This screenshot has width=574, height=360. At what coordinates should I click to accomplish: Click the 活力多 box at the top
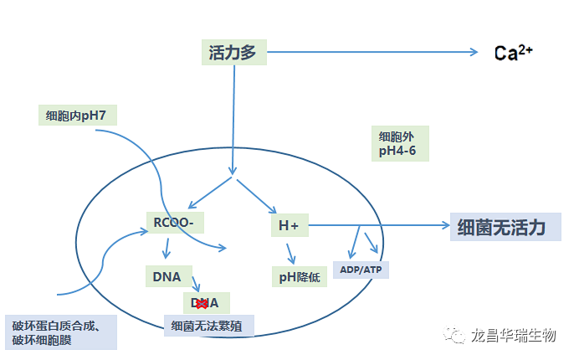[233, 53]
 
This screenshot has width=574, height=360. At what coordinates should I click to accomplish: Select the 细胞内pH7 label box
[77, 115]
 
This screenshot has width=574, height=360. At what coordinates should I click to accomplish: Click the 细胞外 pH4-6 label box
[400, 143]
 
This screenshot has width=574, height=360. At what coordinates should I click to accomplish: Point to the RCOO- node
[175, 224]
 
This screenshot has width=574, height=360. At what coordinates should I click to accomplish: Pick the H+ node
[290, 225]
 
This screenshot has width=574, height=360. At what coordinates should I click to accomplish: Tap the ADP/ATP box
[361, 270]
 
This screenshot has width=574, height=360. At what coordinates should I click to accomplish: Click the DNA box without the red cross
[167, 275]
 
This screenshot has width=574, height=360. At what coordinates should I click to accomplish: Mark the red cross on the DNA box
[201, 303]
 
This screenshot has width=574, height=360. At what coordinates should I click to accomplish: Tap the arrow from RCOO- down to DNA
[167, 249]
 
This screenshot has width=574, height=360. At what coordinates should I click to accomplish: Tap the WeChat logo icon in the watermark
[458, 336]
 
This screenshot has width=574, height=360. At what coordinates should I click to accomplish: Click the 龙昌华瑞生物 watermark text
[514, 336]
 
